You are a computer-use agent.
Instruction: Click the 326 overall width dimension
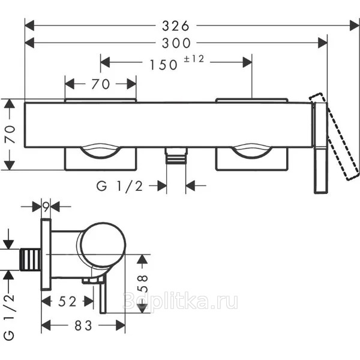[176, 26]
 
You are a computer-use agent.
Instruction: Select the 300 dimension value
[176, 43]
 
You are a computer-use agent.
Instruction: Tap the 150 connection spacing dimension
[163, 65]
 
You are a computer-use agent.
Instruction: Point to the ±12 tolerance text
[194, 59]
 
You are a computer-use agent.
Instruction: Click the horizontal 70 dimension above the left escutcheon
[101, 84]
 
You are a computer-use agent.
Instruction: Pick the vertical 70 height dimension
[10, 134]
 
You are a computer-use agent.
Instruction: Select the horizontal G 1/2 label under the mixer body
[119, 186]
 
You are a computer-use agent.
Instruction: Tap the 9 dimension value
[46, 207]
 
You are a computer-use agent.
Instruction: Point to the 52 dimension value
[67, 301]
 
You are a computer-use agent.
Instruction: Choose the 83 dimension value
[83, 326]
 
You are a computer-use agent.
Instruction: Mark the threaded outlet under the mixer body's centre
[176, 155]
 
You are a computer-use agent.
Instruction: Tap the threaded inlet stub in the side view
[30, 260]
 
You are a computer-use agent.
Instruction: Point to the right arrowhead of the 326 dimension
[355, 25]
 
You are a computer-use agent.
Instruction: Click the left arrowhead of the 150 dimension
[105, 62]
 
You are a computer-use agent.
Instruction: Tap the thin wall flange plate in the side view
[46, 254]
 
